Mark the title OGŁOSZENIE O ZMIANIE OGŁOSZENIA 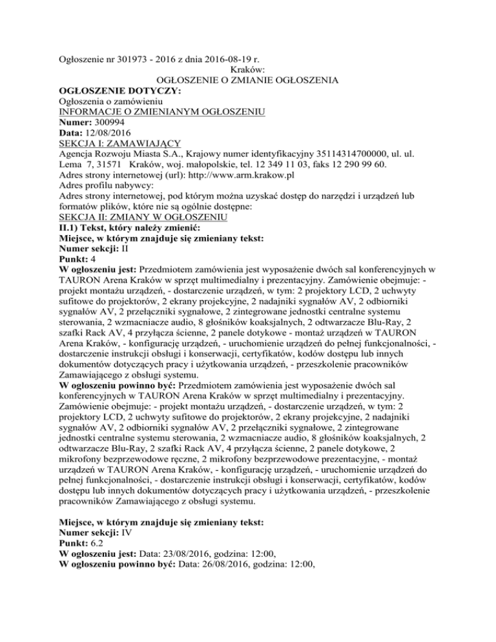click(x=247, y=81)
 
